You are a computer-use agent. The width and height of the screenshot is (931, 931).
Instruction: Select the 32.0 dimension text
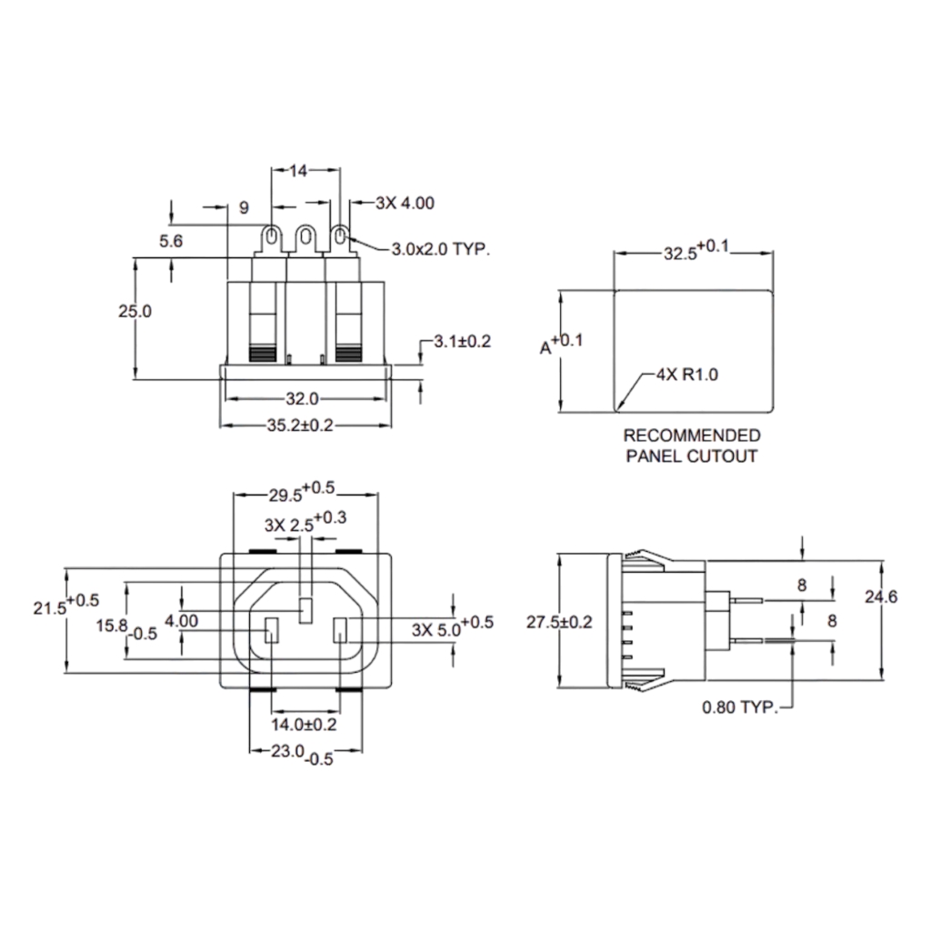coord(301,398)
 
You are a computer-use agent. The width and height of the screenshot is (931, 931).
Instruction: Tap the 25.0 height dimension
coord(135,311)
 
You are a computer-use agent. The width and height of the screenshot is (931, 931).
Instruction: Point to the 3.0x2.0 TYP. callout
coord(440,248)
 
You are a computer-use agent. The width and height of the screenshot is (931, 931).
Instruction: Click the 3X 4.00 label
coord(405,204)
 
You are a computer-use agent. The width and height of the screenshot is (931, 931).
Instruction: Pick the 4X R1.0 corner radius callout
coord(687,375)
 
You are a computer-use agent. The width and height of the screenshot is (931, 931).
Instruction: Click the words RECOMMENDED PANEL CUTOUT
coord(691,445)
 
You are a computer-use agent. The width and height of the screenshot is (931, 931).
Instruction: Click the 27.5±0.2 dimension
coord(559,622)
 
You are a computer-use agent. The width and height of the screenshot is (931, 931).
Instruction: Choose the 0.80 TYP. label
coord(740,706)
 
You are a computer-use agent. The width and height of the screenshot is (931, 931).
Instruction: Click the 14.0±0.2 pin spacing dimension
coord(304,725)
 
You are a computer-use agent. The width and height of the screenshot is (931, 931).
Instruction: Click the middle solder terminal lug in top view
coord(305,240)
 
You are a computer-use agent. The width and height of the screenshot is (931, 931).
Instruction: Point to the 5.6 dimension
coord(171,241)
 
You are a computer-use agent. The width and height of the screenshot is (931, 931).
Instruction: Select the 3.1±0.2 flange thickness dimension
coord(461,342)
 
